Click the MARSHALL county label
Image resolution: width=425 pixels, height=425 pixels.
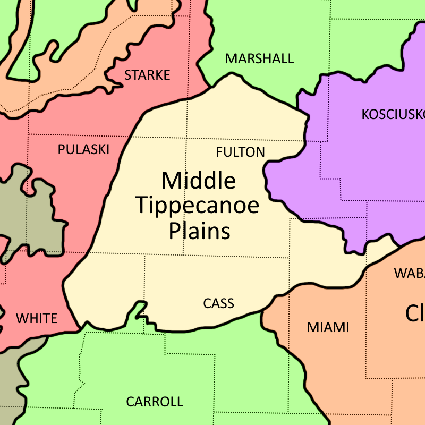pyautogui.click(x=259, y=58)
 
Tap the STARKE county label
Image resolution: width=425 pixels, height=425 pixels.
pyautogui.click(x=147, y=75)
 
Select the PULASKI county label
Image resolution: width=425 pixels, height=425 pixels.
pyautogui.click(x=83, y=150)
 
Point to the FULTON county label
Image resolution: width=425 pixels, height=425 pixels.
pyautogui.click(x=240, y=152)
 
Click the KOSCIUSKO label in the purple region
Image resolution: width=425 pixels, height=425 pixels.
pyautogui.click(x=393, y=114)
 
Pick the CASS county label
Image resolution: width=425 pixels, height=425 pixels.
pyautogui.click(x=218, y=303)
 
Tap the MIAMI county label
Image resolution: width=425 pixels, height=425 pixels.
pyautogui.click(x=328, y=327)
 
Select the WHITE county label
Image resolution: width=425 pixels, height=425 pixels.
pyautogui.click(x=37, y=318)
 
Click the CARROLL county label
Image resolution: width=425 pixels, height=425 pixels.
pyautogui.click(x=154, y=402)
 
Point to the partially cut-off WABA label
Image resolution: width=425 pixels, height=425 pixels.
pyautogui.click(x=409, y=273)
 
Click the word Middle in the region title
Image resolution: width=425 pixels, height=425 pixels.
pyautogui.click(x=199, y=181)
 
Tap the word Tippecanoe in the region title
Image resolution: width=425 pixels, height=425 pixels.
pyautogui.click(x=198, y=206)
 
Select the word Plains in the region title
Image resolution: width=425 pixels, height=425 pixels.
pyautogui.click(x=200, y=231)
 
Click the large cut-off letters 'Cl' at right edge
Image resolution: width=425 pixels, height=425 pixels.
pyautogui.click(x=415, y=313)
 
